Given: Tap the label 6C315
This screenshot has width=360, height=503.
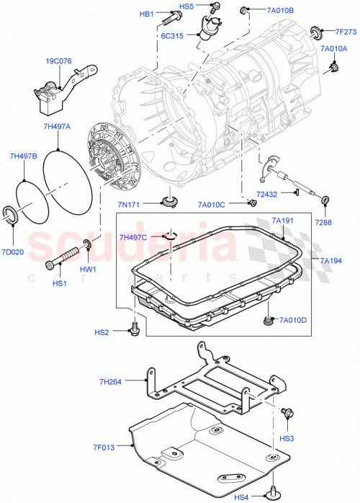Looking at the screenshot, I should (x=171, y=35).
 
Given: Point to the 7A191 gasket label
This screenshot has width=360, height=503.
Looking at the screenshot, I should (x=283, y=221).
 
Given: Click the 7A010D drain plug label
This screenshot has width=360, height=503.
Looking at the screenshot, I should (x=293, y=320).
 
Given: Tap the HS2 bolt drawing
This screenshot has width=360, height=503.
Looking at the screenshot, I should (x=133, y=329).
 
